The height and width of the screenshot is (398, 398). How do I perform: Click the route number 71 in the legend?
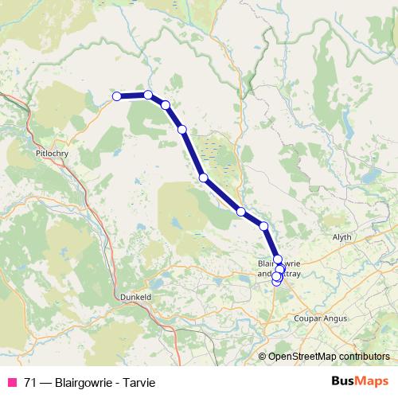(29, 383)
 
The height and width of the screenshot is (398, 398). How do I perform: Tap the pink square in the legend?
(12, 383)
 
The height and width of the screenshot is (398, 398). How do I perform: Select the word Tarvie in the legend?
(138, 383)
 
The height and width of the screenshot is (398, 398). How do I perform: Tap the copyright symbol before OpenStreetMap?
(263, 356)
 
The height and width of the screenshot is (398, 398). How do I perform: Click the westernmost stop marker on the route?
(116, 96)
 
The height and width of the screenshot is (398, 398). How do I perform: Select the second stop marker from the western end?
(148, 95)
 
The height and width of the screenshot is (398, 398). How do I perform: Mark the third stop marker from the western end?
(166, 105)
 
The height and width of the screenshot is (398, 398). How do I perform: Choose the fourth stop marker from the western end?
(182, 129)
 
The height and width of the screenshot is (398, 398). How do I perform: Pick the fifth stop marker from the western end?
(203, 178)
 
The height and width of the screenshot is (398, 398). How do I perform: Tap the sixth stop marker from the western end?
(240, 212)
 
